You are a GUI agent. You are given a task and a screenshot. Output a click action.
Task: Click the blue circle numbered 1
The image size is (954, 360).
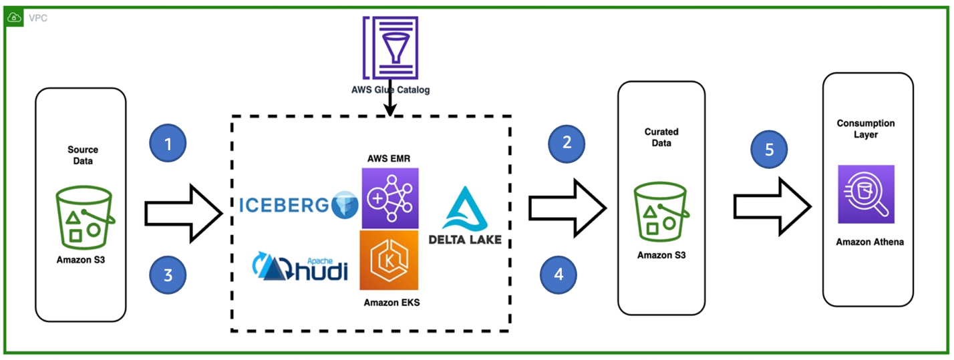(x=168, y=143)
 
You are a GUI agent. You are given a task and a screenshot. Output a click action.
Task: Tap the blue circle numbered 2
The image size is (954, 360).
(x=567, y=144)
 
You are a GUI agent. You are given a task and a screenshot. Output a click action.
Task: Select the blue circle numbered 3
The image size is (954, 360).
(x=168, y=275)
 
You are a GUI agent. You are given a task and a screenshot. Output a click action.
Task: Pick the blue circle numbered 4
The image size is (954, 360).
(x=559, y=275)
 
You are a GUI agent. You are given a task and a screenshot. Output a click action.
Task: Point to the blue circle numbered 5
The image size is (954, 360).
(x=769, y=149)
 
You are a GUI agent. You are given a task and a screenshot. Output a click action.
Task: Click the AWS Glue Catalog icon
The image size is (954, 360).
(x=391, y=47)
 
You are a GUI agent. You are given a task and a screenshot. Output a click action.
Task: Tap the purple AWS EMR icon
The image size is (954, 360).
(x=390, y=198)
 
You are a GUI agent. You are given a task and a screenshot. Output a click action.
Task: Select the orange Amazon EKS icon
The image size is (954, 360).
(x=389, y=260)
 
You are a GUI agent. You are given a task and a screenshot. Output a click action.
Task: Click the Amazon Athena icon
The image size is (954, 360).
(x=866, y=194)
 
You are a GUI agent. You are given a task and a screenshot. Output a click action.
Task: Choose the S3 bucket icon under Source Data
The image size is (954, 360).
(x=85, y=217)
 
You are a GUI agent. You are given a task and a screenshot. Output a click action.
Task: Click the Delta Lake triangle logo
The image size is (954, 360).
(x=465, y=209)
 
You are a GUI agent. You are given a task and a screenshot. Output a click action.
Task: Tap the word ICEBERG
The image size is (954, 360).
(x=284, y=205)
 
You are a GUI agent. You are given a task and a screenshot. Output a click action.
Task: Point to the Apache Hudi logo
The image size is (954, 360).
(x=300, y=266)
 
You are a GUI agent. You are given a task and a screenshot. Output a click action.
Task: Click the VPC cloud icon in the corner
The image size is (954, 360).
(x=14, y=18)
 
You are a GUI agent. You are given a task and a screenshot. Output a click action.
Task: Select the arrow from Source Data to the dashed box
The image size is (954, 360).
(x=184, y=214)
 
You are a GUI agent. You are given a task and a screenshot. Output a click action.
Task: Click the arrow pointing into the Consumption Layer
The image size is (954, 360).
(x=772, y=207)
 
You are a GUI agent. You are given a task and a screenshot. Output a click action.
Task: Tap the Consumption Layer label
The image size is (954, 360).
(x=865, y=129)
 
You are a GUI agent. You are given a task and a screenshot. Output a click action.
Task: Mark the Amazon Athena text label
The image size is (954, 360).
(x=870, y=242)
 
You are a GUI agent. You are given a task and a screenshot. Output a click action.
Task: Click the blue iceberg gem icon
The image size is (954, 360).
(x=345, y=205)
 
